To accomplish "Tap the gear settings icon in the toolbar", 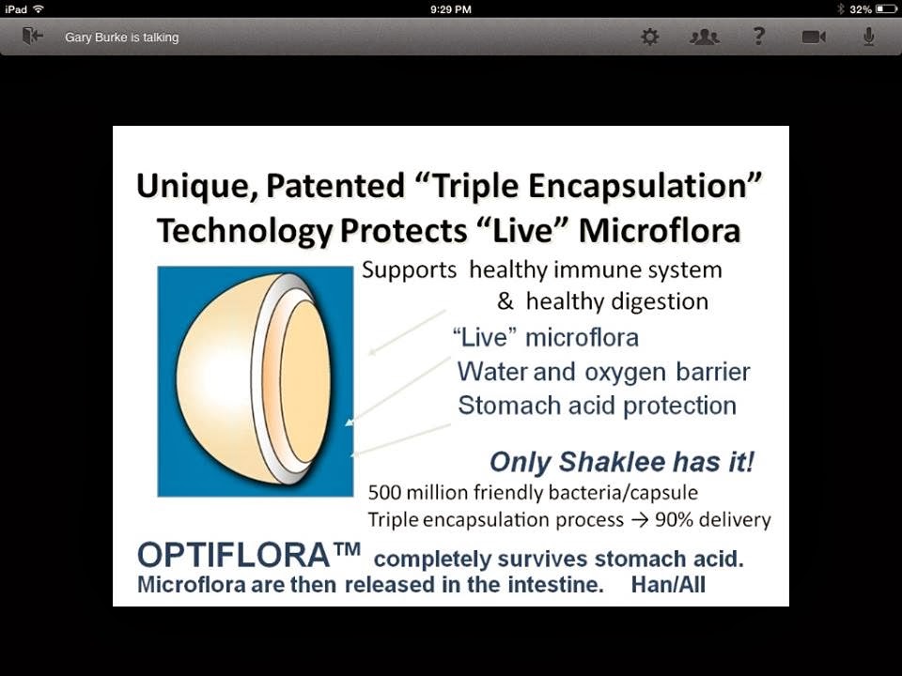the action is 650,38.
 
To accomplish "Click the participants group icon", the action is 705,38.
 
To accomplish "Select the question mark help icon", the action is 759,37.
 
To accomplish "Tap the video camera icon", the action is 814,38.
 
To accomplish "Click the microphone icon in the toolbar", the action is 868,37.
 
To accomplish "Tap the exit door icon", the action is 32,37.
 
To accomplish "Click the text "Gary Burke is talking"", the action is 122,38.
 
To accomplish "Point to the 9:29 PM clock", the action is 450,9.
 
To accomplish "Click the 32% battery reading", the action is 861,9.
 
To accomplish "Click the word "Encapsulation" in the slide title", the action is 645,186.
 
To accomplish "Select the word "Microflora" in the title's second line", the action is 660,231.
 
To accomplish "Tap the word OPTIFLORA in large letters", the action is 233,555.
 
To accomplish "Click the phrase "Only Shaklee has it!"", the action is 622,462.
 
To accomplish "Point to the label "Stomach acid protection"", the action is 598,406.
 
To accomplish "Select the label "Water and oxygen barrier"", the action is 603,372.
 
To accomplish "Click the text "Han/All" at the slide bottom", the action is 668,585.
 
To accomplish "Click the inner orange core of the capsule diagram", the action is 305,380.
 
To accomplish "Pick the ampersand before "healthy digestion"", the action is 505,301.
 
